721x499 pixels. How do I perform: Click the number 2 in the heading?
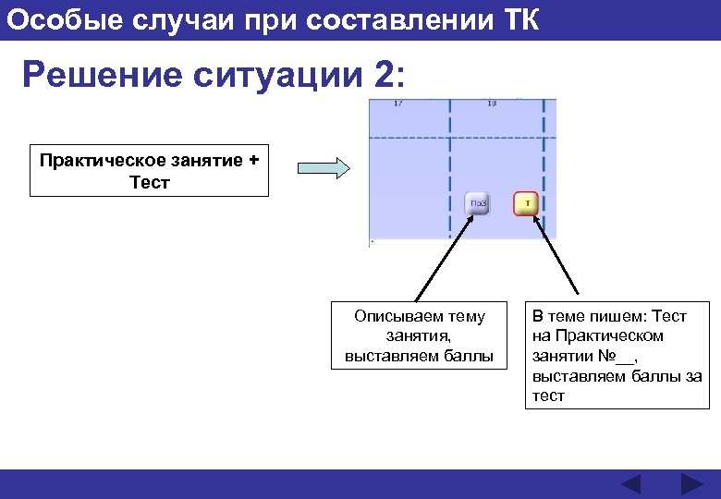click(x=384, y=75)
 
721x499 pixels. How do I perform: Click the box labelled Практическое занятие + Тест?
click(x=149, y=171)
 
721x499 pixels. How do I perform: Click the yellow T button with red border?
click(x=526, y=202)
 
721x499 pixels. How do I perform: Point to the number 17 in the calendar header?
click(x=397, y=103)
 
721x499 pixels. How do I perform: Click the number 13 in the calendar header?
click(x=491, y=103)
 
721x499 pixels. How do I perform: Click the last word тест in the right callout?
click(x=548, y=396)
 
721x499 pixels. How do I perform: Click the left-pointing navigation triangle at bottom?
click(x=630, y=484)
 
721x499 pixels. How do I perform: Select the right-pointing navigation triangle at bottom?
click(x=691, y=484)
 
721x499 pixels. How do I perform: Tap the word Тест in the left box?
click(x=150, y=182)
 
